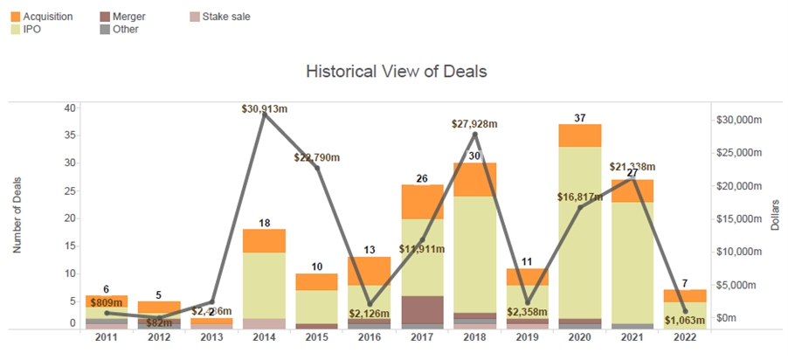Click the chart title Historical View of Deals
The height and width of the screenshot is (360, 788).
(396, 71)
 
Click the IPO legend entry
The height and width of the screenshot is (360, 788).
(34, 29)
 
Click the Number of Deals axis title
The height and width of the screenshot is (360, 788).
(17, 215)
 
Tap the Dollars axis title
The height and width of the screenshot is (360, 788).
(775, 215)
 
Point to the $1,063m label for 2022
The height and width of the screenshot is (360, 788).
(682, 320)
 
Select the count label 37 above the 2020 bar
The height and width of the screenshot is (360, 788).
(580, 117)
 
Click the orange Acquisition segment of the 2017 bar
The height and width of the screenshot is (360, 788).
(421, 202)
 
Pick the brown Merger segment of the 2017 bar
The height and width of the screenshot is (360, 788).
(421, 309)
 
